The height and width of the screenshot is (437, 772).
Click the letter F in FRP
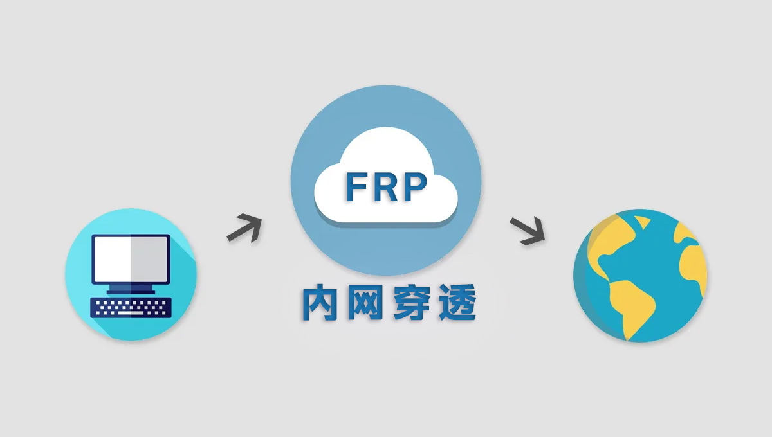357,187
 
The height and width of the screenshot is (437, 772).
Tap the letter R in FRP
386,187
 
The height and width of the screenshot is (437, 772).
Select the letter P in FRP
415,187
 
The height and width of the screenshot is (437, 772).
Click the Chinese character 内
320,304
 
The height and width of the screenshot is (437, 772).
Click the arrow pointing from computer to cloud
244,227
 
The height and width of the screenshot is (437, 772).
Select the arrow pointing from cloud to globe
527,231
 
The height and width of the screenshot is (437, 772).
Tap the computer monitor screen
131,259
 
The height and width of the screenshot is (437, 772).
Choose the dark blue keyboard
131,307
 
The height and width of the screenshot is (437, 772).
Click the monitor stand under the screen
131,289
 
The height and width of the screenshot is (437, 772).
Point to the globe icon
640,275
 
